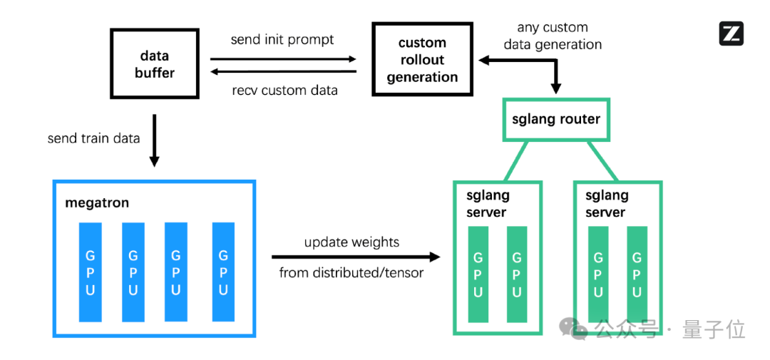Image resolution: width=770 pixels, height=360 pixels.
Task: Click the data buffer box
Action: (155, 63)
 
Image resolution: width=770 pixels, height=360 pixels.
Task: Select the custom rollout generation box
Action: (422, 59)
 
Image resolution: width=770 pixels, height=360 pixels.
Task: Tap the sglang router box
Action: (556, 119)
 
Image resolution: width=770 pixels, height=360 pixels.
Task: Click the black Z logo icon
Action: (731, 34)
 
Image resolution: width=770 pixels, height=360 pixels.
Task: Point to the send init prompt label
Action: (282, 39)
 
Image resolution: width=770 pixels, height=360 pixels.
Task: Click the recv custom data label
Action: (284, 91)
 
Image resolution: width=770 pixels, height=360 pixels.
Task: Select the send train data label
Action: (93, 138)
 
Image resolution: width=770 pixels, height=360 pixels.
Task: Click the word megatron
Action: (97, 203)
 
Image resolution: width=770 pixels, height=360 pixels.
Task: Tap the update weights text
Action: (351, 242)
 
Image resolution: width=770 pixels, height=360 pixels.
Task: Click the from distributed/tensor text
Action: (351, 272)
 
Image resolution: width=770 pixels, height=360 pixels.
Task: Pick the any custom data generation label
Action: (553, 36)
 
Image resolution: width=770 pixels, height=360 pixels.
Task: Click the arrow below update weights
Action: (356, 257)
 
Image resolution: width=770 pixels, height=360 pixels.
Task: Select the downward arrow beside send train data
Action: (154, 140)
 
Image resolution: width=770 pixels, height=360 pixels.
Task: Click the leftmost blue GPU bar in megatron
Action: (91, 272)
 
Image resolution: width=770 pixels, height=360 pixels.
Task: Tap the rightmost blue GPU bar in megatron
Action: (223, 272)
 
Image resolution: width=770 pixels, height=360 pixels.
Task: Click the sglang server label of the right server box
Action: (607, 204)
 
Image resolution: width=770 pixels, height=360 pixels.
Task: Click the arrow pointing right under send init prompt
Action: (283, 59)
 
